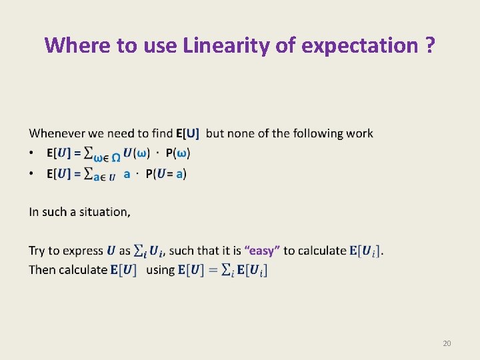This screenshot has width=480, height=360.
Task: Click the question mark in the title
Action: [429, 45]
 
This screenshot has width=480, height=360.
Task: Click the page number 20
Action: [447, 343]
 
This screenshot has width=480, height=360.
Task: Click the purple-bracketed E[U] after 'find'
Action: [187, 134]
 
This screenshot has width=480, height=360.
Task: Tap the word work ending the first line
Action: [359, 134]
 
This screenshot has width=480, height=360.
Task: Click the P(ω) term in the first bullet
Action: [177, 153]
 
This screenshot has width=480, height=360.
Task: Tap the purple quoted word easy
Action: [262, 251]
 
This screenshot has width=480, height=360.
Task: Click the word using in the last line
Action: [159, 270]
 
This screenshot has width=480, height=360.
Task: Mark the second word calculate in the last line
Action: [83, 270]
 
